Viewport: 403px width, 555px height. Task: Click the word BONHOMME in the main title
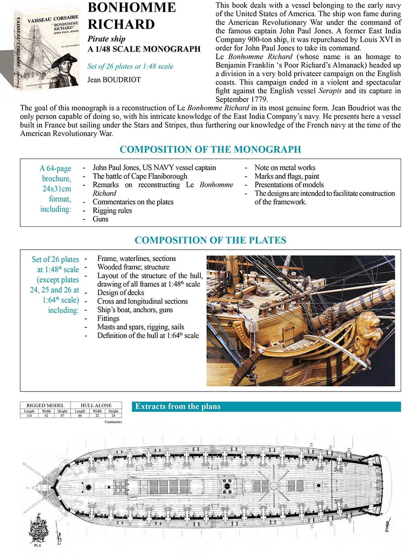[131, 8]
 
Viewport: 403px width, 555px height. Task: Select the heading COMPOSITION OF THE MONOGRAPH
[210, 149]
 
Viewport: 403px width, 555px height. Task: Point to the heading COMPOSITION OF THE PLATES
[210, 240]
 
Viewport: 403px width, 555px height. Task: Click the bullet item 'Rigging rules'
[112, 211]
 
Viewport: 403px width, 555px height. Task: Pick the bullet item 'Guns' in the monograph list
[100, 219]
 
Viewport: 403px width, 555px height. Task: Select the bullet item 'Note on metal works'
[285, 168]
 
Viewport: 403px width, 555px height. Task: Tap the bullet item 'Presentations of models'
[289, 185]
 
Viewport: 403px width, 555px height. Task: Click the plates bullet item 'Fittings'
[108, 318]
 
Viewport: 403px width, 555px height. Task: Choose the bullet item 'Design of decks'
[120, 293]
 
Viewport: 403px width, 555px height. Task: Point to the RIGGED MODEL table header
[45, 406]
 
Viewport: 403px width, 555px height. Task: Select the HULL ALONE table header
[96, 406]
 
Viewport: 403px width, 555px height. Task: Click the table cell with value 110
[29, 416]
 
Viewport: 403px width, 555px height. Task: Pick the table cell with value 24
[113, 416]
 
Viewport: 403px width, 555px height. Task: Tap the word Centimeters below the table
[113, 422]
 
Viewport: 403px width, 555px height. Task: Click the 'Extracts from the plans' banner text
[178, 407]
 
